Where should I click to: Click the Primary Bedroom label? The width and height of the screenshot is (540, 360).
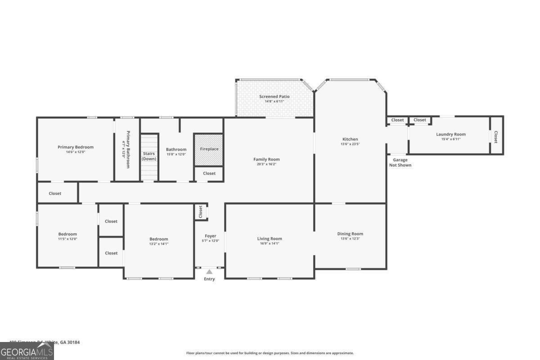(x=76, y=147)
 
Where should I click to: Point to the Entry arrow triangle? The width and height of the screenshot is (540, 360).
(x=209, y=271)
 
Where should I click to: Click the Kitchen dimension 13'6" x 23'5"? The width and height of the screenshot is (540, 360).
(x=350, y=144)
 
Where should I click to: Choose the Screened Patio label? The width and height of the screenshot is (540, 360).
(x=274, y=96)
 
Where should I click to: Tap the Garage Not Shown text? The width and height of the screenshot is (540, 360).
(x=400, y=162)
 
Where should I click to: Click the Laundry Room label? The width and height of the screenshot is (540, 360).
(x=450, y=134)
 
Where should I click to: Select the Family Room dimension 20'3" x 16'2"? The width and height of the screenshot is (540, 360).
(x=266, y=164)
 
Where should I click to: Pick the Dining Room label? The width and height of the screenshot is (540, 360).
(x=350, y=234)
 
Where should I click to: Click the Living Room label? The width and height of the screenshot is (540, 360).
(x=270, y=238)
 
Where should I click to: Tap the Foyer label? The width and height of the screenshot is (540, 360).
(x=210, y=236)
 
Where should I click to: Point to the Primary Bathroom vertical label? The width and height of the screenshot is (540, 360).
(x=128, y=149)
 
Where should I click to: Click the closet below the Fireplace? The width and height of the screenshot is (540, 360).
(x=209, y=173)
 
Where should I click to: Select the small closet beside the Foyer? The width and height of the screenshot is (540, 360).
(x=201, y=211)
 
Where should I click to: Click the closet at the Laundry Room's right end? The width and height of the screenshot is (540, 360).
(x=496, y=137)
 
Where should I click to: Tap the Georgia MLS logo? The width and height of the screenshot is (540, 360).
(x=27, y=351)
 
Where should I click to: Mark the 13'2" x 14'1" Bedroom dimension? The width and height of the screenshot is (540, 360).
(x=159, y=244)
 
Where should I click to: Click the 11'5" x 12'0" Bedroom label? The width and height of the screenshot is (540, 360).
(x=67, y=234)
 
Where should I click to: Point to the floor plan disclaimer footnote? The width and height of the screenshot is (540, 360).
(x=270, y=353)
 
